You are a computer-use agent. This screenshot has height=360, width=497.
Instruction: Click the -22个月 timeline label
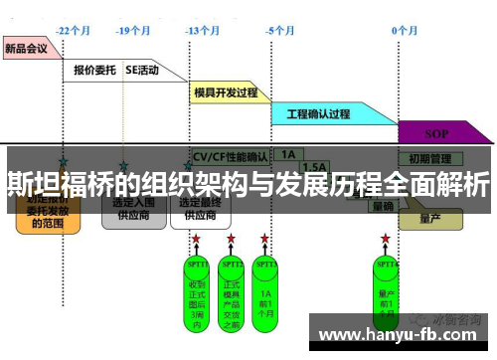point(75,31)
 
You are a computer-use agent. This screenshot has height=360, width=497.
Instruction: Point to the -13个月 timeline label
point(204,31)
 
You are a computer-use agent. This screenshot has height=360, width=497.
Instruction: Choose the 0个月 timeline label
point(405,31)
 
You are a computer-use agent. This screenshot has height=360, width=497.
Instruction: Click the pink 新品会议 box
point(28,48)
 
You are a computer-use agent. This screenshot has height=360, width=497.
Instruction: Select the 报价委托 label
point(95,71)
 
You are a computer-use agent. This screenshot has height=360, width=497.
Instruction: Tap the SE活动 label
point(144,71)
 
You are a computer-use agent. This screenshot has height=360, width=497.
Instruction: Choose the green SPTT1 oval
point(197,287)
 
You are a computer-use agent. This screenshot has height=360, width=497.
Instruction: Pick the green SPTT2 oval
point(232,287)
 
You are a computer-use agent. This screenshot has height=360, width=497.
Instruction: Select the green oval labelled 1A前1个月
point(265,287)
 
